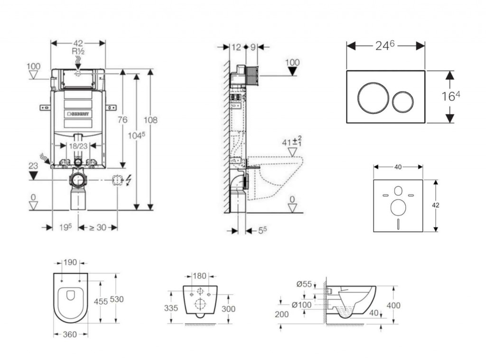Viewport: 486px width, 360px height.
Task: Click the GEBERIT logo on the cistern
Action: pos(80,114)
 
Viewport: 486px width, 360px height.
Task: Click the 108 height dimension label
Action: pos(150,120)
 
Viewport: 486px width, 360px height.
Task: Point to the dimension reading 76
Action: pos(122,120)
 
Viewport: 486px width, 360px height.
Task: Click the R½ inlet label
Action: pos(78,51)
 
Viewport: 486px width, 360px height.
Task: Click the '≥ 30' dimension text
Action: pos(98,227)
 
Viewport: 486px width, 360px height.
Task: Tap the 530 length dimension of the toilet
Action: pos(116,299)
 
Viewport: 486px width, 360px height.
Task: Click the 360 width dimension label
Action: pos(70,334)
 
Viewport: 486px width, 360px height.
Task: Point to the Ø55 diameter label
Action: pos(305,284)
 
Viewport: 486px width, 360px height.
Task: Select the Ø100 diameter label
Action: pos(302,305)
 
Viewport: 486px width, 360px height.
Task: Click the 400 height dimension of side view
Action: pos(393,305)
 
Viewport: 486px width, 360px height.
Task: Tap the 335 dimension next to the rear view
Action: pos(171,308)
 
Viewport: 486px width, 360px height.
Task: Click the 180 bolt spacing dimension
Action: pos(199,276)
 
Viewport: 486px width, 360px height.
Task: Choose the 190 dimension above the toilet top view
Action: pos(71,262)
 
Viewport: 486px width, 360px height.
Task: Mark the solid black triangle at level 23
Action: pos(33,176)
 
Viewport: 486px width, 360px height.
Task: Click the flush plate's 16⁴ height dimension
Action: pos(451,96)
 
